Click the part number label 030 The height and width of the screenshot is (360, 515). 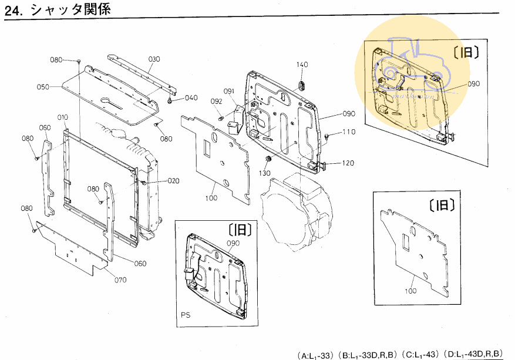[154, 59]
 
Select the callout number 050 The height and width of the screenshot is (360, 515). [43, 87]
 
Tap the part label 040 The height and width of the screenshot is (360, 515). [191, 98]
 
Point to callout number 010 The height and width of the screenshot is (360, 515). [62, 117]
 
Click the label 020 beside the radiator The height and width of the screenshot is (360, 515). [157, 180]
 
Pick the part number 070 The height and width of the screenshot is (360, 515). [120, 280]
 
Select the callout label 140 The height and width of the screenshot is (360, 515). [302, 65]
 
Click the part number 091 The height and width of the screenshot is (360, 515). [228, 91]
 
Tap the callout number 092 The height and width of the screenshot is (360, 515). [217, 102]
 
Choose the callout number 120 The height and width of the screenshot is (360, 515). [348, 163]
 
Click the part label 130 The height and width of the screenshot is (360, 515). [264, 173]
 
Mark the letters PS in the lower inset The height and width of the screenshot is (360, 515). [186, 315]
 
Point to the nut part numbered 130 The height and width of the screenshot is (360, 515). [268, 159]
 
